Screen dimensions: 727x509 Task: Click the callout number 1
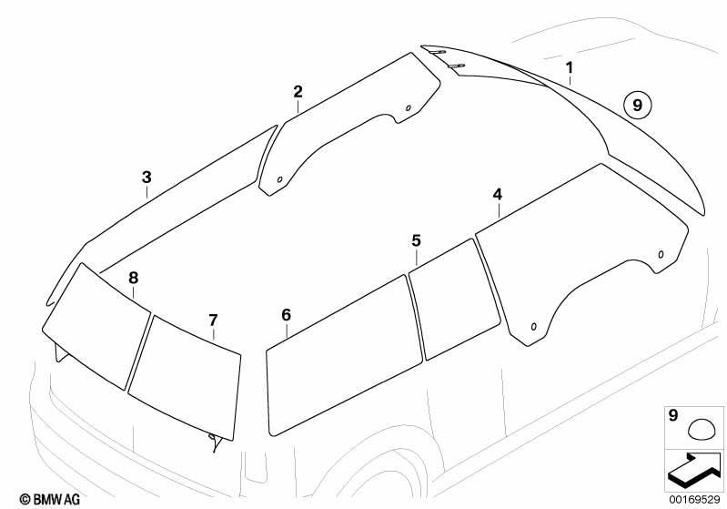[570, 68]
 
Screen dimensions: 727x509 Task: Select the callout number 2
[298, 91]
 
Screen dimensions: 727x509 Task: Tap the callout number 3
[146, 177]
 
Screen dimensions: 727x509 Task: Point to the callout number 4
[498, 194]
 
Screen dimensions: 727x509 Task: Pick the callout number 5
[416, 240]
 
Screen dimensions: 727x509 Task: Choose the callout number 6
[286, 315]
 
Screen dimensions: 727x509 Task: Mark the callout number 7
[213, 321]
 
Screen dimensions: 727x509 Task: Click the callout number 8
[133, 278]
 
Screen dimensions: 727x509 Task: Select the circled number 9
[638, 106]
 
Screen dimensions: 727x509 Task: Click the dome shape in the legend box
[701, 429]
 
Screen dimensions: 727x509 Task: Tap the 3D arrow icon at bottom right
[693, 470]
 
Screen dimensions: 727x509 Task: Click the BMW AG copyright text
[50, 499]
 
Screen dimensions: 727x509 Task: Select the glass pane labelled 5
[454, 300]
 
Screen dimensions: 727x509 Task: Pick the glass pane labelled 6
[344, 355]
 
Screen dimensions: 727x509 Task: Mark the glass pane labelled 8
[96, 326]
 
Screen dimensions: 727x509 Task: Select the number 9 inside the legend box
[673, 415]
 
